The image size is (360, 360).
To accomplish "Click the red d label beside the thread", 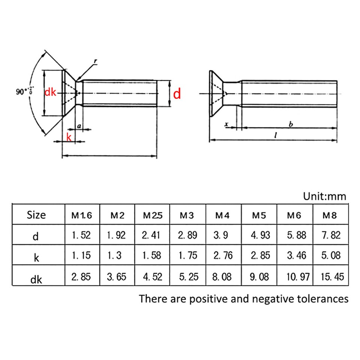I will pyautogui.click(x=177, y=94).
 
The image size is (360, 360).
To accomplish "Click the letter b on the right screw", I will pyautogui.click(x=290, y=124).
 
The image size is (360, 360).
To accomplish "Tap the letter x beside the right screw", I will pyautogui.click(x=226, y=124).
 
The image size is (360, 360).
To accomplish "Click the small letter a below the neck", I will pyautogui.click(x=79, y=126).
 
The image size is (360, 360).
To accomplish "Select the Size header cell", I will pyautogui.click(x=37, y=215).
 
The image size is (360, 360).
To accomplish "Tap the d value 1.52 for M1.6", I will pyautogui.click(x=81, y=235).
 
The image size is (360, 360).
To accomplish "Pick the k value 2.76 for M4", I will pyautogui.click(x=223, y=256).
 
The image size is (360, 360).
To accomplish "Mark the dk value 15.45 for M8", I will pyautogui.click(x=330, y=277).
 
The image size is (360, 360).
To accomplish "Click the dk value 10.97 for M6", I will pyautogui.click(x=294, y=277).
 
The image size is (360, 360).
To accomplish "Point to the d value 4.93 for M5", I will pyautogui.click(x=259, y=235).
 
